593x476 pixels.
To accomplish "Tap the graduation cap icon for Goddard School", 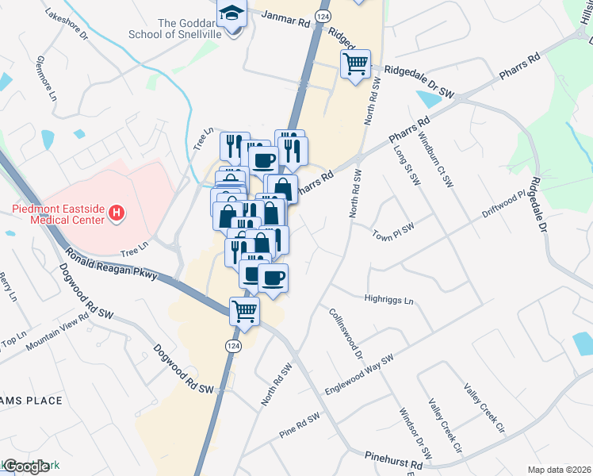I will coord(232,15).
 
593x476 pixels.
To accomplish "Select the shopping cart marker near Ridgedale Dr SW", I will coord(356,63).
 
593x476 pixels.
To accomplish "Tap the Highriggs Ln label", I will coord(388,301).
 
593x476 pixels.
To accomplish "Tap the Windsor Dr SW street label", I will coord(415,433).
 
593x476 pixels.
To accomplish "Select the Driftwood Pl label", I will coord(501,208).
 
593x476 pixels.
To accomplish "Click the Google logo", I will coord(25,466).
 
